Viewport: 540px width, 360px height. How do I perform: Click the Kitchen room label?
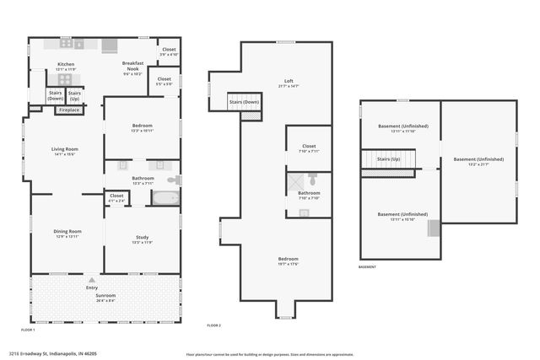tap(66, 65)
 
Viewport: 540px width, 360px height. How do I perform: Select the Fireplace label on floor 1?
tap(70, 110)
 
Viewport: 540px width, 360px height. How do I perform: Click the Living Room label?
tap(64, 150)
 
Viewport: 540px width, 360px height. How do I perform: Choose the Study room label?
tap(142, 239)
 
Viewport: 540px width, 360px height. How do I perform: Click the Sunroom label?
tap(105, 296)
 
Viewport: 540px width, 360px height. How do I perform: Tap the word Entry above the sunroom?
tap(91, 288)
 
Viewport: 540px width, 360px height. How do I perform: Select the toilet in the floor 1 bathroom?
tap(172, 180)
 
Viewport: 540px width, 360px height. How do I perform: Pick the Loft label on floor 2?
tap(289, 82)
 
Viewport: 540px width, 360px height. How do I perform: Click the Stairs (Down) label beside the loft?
tap(244, 103)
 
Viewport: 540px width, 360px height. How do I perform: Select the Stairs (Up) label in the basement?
tap(389, 159)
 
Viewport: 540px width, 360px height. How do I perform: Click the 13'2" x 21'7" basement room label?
tap(478, 160)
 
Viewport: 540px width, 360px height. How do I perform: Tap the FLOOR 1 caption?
tap(28, 330)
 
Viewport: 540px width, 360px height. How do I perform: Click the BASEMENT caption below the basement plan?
tap(367, 267)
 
